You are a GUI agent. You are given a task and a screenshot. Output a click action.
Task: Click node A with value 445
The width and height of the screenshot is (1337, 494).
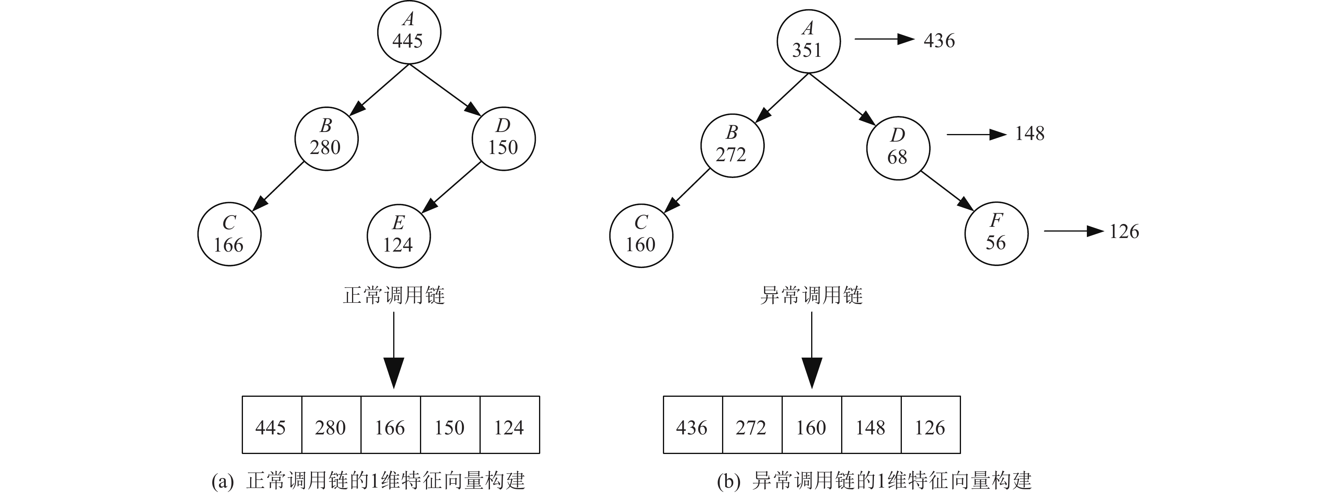409,32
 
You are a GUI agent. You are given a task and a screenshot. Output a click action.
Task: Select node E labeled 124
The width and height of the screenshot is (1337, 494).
398,236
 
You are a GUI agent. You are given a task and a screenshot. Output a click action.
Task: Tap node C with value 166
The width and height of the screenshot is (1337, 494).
229,235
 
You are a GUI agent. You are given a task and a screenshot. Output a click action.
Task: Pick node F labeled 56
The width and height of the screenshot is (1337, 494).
996,233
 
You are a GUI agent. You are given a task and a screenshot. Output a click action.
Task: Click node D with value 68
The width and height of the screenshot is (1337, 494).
898,148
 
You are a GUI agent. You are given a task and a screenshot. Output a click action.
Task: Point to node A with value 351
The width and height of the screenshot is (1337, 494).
808,42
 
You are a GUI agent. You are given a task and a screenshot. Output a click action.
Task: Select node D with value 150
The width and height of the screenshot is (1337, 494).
503,139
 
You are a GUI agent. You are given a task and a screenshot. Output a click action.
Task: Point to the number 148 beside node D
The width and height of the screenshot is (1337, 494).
1029,134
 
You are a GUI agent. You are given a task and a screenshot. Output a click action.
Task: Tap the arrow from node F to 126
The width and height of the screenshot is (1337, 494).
1073,231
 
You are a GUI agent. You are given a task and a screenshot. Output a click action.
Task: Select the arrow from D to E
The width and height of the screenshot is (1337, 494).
452,188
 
